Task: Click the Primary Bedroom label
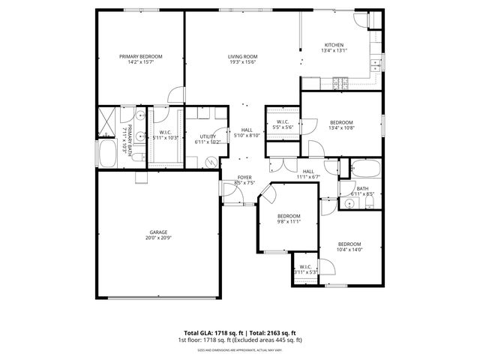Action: (x=141, y=56)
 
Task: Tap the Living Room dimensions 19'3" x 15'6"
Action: (x=243, y=62)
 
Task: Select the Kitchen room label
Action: (x=334, y=45)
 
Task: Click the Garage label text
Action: (x=157, y=232)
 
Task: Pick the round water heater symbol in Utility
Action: (x=211, y=160)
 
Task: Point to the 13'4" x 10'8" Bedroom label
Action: (x=342, y=122)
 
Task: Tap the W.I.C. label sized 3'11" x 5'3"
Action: (x=305, y=267)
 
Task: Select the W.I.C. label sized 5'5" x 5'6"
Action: (x=283, y=122)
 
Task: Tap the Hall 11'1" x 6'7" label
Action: (x=307, y=172)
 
